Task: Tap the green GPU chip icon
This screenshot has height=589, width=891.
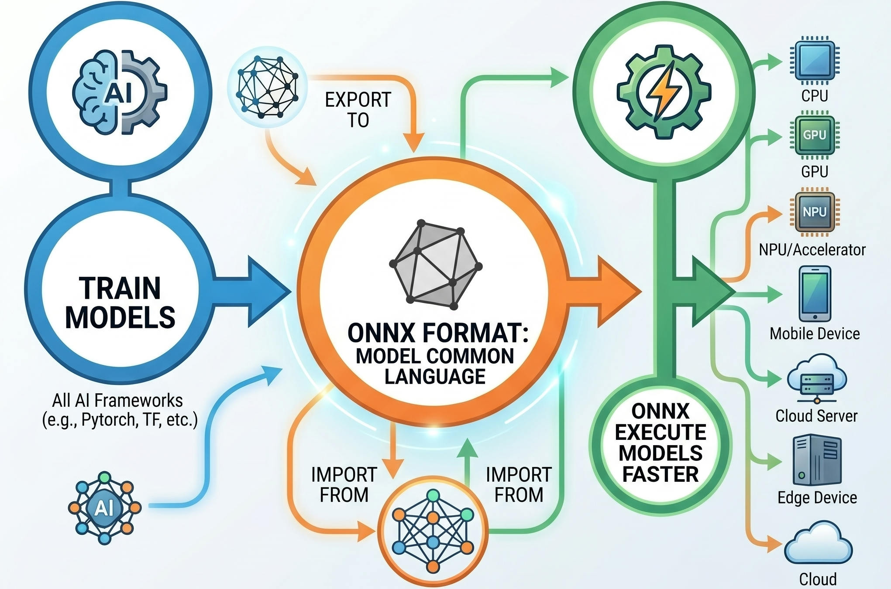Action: pos(815,136)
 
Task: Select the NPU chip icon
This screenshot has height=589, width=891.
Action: pos(815,212)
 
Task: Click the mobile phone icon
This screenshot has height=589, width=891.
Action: pos(815,294)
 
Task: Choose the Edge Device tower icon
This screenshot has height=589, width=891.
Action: pos(816,460)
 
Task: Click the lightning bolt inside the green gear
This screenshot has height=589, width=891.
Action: pos(664,92)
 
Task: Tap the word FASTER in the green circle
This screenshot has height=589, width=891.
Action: pos(661,474)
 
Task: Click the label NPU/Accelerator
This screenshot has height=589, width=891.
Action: pos(812,250)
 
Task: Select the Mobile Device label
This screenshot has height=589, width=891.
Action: pos(815,334)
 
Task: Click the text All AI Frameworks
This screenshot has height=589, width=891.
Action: pos(117,400)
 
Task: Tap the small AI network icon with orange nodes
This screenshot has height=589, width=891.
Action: pos(105,507)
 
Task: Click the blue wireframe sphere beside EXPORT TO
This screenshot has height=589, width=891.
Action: pos(267,87)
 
